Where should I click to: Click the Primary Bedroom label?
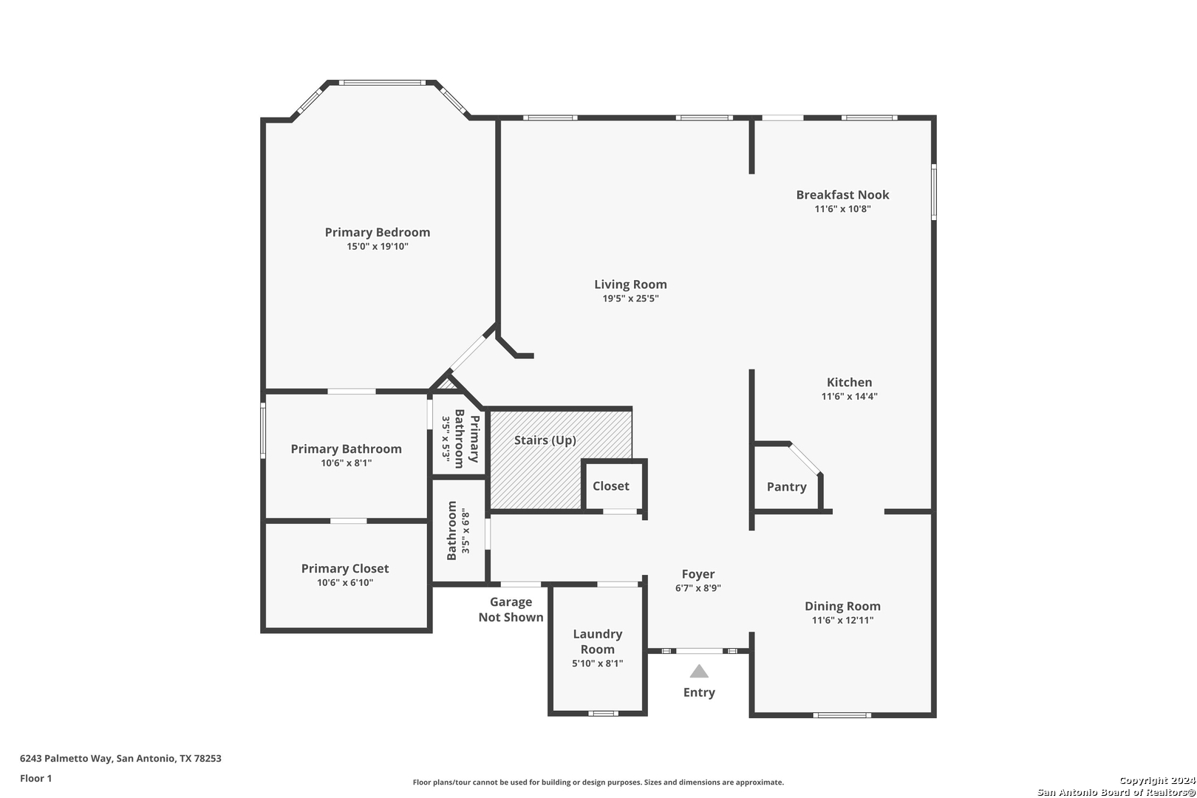[378, 233]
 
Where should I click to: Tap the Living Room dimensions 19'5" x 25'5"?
[630, 299]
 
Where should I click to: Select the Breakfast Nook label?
[843, 194]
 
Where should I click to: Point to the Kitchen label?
[849, 382]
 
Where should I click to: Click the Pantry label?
[787, 487]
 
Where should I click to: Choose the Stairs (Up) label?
[545, 440]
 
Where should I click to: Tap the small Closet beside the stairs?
[611, 486]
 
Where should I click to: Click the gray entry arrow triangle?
[699, 672]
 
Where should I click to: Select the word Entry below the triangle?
[699, 692]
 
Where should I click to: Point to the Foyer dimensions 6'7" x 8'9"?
[698, 588]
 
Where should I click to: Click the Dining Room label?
[843, 606]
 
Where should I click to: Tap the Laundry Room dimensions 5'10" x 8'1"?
[598, 664]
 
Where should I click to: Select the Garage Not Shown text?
[511, 610]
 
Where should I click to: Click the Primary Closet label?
[345, 569]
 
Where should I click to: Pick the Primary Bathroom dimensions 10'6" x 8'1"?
[347, 463]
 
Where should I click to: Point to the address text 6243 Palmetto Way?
[66, 758]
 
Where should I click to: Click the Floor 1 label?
[35, 778]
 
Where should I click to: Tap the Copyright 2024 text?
[1157, 780]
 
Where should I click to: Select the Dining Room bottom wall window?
[842, 715]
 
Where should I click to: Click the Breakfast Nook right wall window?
[934, 192]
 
